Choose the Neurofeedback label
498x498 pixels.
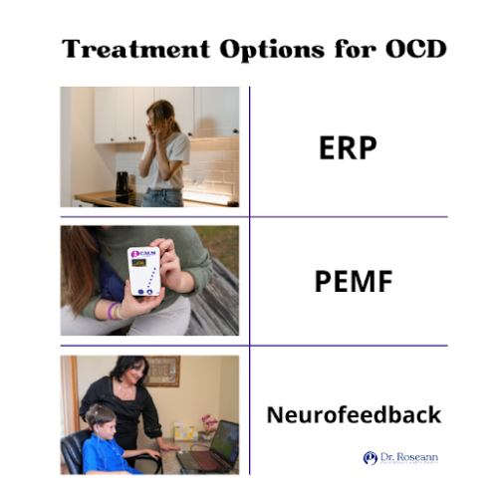point(353,413)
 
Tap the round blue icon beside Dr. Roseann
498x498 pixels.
point(371,457)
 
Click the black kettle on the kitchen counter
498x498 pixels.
point(123,183)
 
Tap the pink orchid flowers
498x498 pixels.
point(208,422)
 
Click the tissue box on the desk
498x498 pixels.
point(184,429)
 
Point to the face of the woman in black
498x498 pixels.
point(129,378)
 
